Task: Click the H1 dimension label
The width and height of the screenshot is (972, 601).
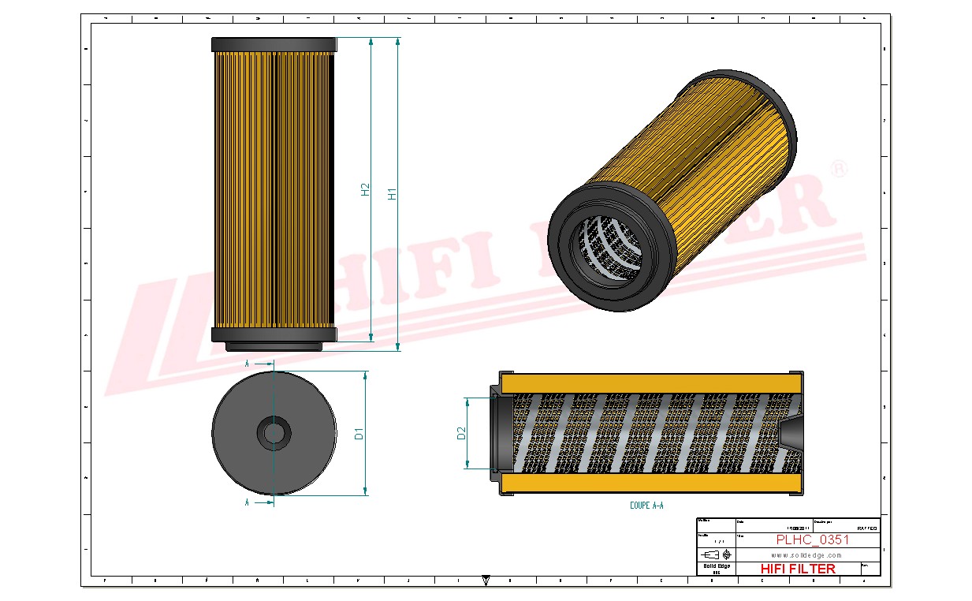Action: point(393,193)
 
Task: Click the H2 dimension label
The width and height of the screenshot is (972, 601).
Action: point(365,189)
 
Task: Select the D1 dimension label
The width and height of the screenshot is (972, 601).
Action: point(359,433)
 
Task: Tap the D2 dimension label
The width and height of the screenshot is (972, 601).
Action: point(462,433)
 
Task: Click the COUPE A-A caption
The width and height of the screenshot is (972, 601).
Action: point(646,506)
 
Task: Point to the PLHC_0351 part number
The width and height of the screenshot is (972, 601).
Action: point(812,540)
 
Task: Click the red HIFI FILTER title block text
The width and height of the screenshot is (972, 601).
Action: point(797,569)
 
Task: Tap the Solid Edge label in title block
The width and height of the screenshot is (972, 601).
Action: point(717,566)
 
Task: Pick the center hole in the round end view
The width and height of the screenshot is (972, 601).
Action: point(274,432)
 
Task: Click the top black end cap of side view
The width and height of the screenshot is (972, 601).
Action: point(274,44)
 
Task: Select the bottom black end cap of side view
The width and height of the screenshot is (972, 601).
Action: point(274,334)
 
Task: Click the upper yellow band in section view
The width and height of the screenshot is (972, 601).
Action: point(650,382)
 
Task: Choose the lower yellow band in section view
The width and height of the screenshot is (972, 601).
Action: point(650,483)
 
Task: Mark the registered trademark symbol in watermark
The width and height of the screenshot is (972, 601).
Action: point(840,170)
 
